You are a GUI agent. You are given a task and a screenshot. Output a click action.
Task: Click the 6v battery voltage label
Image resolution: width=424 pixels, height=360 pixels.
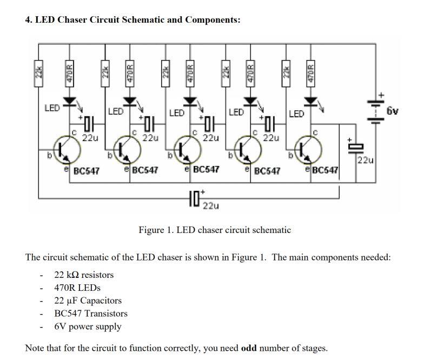click(392, 111)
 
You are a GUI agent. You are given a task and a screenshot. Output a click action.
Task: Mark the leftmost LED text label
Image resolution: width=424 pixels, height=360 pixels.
click(51, 108)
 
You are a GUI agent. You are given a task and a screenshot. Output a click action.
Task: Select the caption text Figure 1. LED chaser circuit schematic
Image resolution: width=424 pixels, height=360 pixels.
click(215, 230)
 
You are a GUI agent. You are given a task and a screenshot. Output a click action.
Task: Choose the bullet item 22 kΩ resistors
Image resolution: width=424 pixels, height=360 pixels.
click(84, 275)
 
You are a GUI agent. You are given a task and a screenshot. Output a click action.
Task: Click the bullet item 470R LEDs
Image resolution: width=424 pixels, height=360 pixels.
click(77, 288)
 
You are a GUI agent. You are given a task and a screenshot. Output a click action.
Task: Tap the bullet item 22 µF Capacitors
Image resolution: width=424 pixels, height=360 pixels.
click(88, 301)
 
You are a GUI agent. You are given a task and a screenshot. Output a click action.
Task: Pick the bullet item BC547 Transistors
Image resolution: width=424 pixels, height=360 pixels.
click(91, 314)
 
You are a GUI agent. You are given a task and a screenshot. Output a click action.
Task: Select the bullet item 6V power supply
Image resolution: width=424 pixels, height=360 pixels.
click(88, 326)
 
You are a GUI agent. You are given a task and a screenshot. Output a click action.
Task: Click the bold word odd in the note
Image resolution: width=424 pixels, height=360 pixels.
click(249, 348)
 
